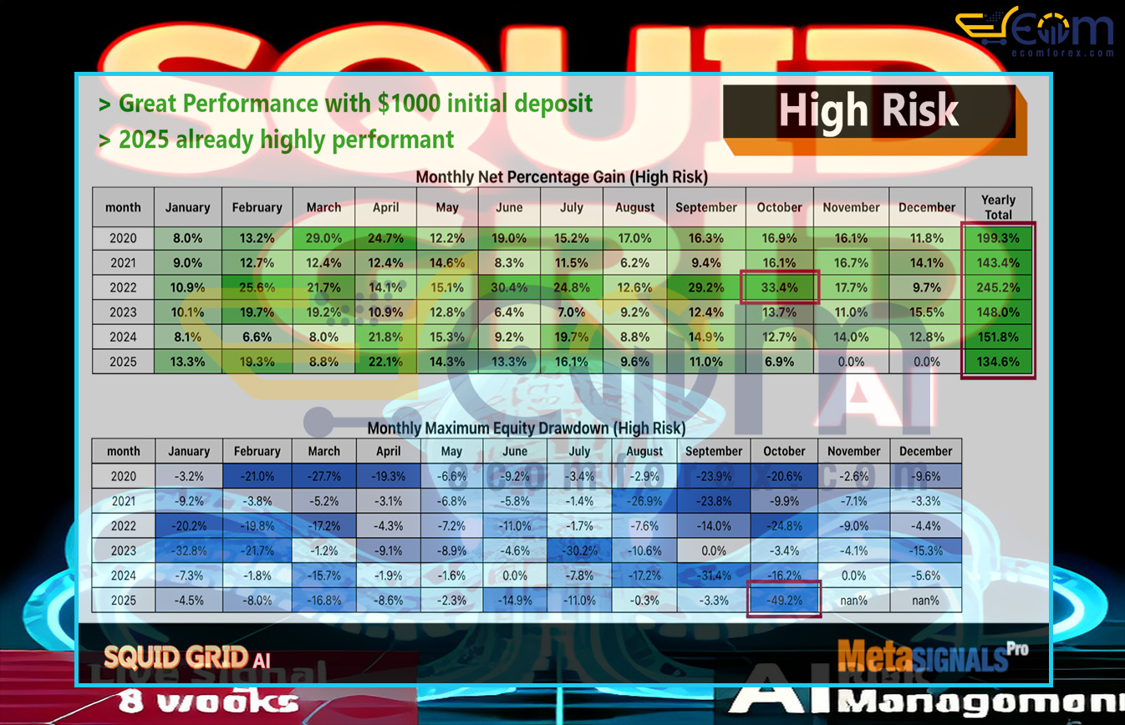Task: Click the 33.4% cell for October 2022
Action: point(779,288)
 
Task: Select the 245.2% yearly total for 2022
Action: point(998,288)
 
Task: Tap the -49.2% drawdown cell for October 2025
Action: point(784,600)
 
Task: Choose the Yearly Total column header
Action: point(998,207)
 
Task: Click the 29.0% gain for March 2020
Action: point(323,238)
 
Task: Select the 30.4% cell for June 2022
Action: point(509,288)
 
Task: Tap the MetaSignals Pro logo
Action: point(932,655)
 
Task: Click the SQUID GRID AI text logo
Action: point(186,657)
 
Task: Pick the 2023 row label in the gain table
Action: point(123,313)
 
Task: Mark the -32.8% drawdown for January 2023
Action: point(189,550)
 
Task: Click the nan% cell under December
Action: point(925,600)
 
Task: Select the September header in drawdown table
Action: point(714,451)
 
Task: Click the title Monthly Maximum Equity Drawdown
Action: point(527,428)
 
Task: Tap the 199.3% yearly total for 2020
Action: point(998,238)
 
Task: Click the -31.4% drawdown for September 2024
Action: point(714,575)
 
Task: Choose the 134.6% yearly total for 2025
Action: point(998,362)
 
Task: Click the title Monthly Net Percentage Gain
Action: point(562,177)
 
